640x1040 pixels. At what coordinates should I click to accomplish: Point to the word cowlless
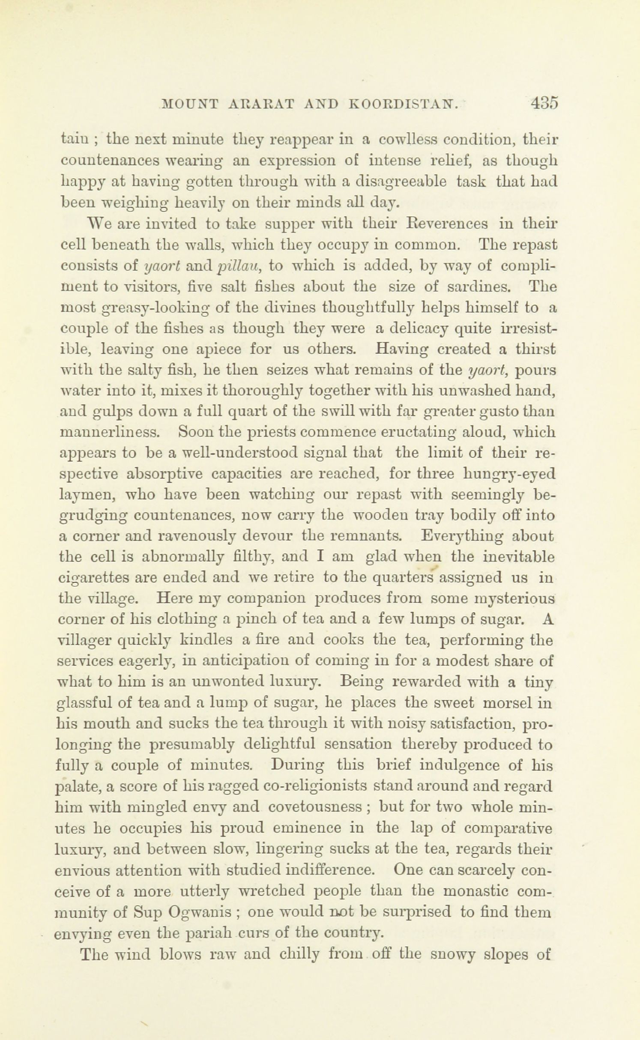click(405, 140)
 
